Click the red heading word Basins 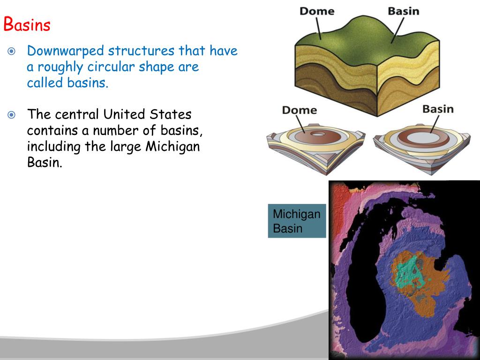pos(27,24)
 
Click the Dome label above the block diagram pos(316,10)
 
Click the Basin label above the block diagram pos(403,10)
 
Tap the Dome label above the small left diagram pos(299,110)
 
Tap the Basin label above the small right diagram pos(438,109)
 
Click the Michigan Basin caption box pos(297,221)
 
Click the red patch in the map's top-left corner pos(338,197)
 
